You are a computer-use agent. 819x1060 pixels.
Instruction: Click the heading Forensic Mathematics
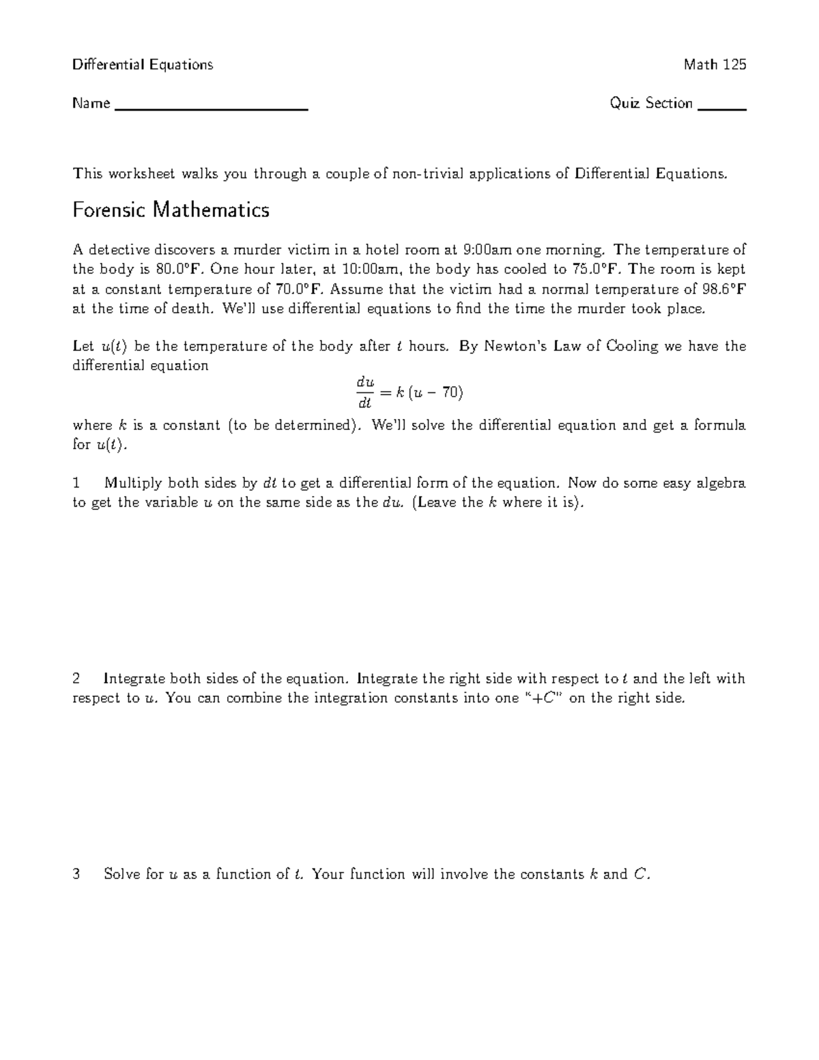click(171, 210)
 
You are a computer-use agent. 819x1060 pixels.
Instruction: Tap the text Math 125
click(715, 65)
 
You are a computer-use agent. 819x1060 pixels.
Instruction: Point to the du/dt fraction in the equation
click(361, 393)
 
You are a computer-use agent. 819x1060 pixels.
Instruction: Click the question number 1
click(76, 483)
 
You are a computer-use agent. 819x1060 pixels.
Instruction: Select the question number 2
click(76, 678)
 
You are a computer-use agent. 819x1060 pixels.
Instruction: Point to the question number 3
click(76, 874)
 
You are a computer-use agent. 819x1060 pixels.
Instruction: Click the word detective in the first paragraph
click(117, 250)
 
